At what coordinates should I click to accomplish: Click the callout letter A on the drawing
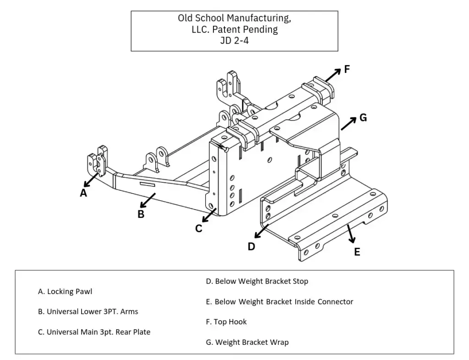coord(83,193)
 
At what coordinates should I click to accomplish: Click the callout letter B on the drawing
coord(141,214)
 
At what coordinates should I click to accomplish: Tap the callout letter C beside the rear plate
coord(199,229)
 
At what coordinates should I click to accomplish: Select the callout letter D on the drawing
coord(251,246)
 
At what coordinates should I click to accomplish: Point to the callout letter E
coord(357,252)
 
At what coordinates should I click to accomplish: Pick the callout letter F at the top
coord(347,70)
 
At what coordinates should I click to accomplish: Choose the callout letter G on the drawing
coord(363,118)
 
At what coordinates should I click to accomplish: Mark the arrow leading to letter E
coord(351,234)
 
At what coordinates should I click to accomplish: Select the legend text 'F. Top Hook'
coord(226,322)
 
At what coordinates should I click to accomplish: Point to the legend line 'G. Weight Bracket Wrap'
coord(247,342)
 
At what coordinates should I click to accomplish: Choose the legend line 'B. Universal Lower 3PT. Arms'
coord(88,311)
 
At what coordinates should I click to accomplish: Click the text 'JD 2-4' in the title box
coord(234,39)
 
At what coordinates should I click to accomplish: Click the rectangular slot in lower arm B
coord(147,184)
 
